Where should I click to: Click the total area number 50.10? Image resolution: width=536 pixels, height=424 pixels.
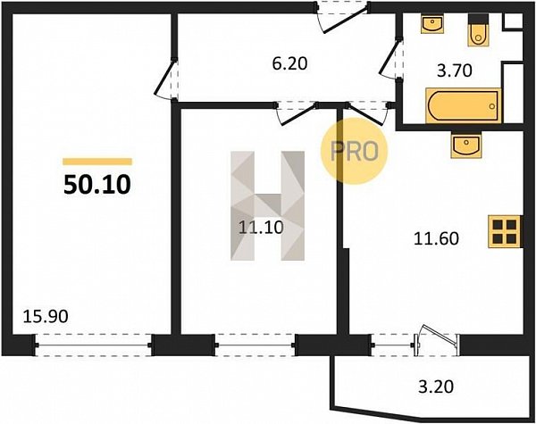click(x=97, y=185)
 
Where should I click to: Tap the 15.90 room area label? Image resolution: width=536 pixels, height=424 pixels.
click(x=46, y=317)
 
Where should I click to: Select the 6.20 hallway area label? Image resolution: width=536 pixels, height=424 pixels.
click(x=289, y=63)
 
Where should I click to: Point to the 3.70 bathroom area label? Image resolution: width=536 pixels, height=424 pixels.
click(x=455, y=71)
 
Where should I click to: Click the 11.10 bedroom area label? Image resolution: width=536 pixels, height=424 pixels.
click(x=261, y=228)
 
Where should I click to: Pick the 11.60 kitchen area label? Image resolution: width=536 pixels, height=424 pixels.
click(x=436, y=238)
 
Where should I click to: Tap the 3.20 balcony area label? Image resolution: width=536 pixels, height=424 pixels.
click(x=436, y=387)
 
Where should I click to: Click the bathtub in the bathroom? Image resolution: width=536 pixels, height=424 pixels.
click(x=463, y=105)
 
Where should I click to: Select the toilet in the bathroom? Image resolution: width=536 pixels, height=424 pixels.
click(x=478, y=30)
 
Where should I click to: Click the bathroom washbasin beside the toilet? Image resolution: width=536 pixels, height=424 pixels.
click(x=432, y=24)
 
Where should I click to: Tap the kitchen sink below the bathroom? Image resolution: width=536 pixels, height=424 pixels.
click(x=466, y=145)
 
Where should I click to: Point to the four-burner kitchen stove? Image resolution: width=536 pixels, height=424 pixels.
click(x=505, y=231)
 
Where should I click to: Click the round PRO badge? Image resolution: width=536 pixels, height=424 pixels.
click(x=354, y=151)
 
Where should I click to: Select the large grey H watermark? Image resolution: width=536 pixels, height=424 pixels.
click(x=268, y=205)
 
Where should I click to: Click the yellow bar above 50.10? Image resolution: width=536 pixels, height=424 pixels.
click(x=97, y=162)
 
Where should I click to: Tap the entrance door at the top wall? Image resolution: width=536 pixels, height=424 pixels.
click(x=343, y=18)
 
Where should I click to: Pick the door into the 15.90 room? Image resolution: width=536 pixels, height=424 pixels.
click(x=167, y=79)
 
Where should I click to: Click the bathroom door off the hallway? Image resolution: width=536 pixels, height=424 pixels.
click(x=390, y=59)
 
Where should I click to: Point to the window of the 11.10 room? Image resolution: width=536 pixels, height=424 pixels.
click(x=255, y=345)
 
